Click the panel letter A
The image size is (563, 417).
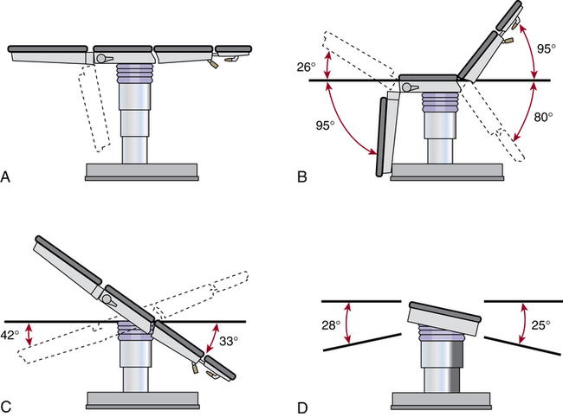[7, 178]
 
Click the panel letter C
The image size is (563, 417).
[7, 404]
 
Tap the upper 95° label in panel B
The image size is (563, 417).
[546, 49]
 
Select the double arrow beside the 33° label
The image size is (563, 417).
[208, 339]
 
